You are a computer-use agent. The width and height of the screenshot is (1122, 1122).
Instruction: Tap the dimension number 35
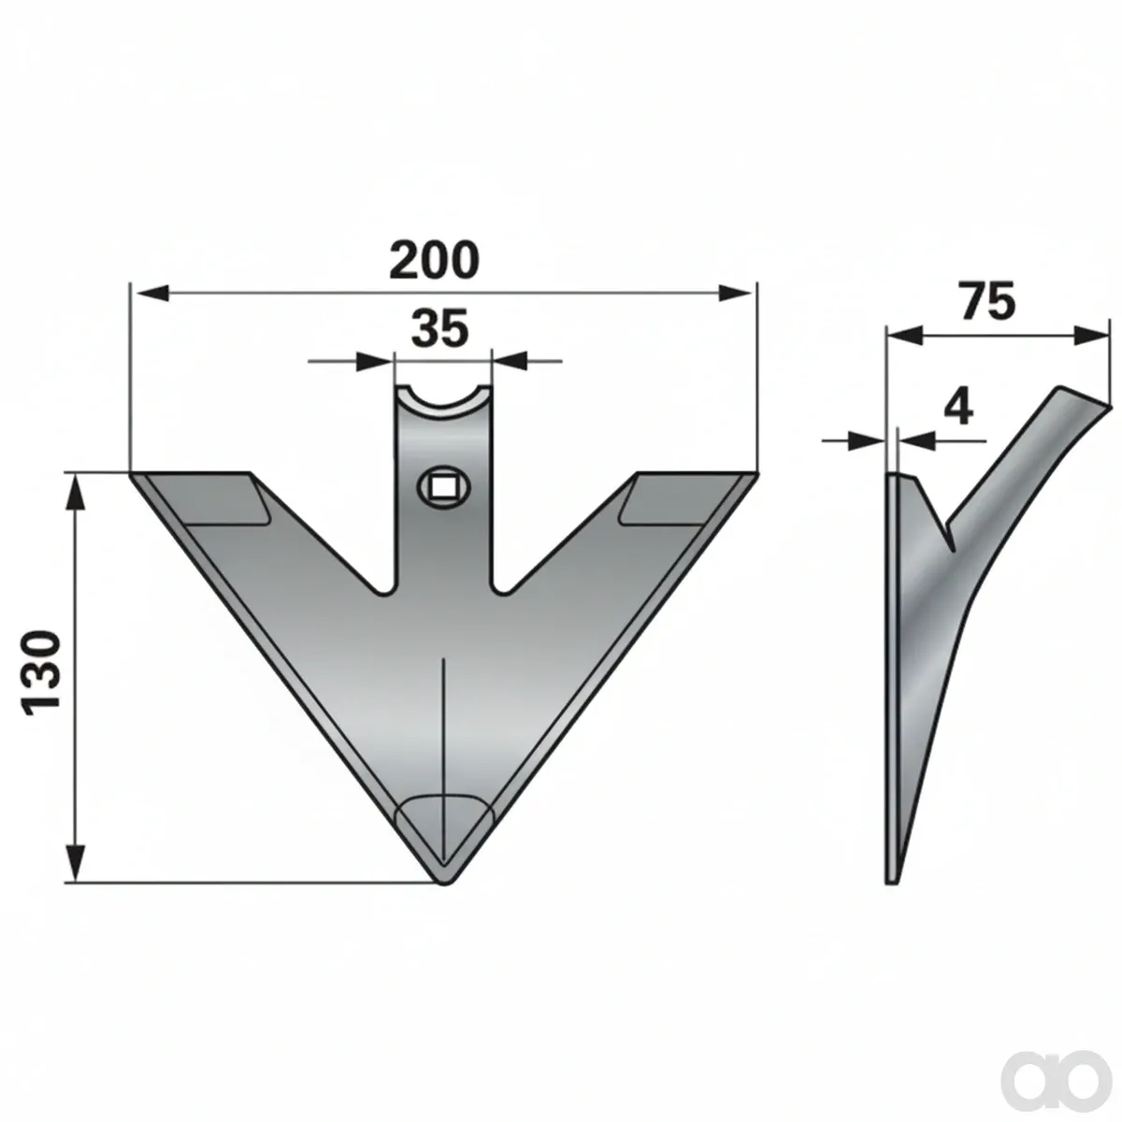439,328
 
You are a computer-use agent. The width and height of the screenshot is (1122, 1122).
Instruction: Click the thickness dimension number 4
957,409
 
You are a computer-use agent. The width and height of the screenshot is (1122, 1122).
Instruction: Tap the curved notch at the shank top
442,402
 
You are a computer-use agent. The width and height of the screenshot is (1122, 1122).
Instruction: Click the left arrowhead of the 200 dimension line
150,294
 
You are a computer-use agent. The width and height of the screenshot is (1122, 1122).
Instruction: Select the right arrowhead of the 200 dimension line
738,294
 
